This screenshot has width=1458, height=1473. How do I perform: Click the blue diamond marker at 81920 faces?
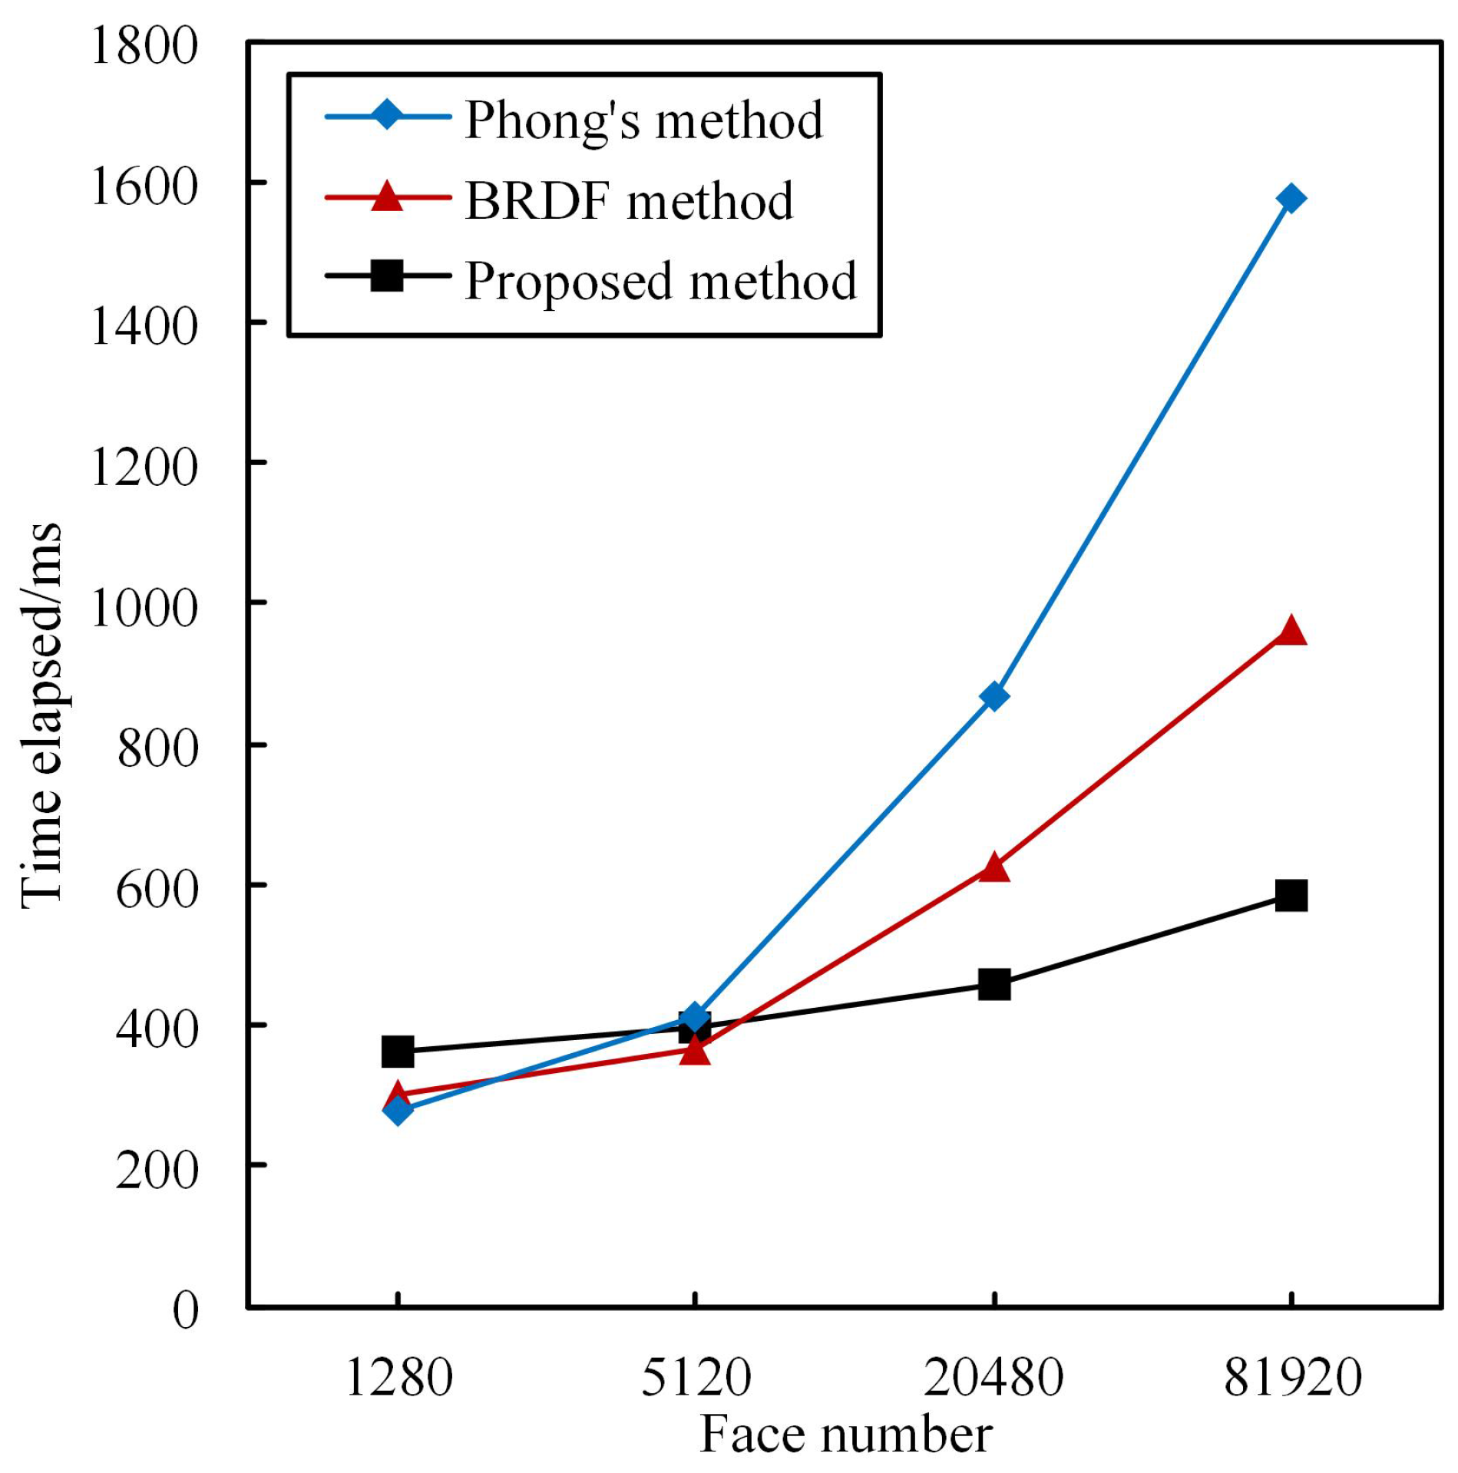pyautogui.click(x=1291, y=199)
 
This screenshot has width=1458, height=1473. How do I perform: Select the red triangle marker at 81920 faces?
pyautogui.click(x=1291, y=632)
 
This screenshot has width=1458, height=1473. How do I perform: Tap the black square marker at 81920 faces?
pyautogui.click(x=1291, y=896)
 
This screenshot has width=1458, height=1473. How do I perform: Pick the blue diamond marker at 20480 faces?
pyautogui.click(x=994, y=696)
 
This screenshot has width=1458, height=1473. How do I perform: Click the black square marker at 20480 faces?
pyautogui.click(x=994, y=984)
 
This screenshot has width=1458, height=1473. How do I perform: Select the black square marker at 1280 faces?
pyautogui.click(x=398, y=1051)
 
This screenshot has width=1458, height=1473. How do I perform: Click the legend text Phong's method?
pyautogui.click(x=643, y=121)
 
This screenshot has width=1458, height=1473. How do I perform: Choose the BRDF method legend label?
pyautogui.click(x=629, y=201)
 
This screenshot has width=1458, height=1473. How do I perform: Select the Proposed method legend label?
pyautogui.click(x=660, y=281)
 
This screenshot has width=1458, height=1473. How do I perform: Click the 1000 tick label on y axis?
pyautogui.click(x=144, y=608)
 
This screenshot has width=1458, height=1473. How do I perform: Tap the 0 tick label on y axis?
pyautogui.click(x=185, y=1310)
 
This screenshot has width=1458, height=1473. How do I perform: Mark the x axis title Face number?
pyautogui.click(x=845, y=1434)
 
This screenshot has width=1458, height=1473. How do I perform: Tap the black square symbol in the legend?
pyautogui.click(x=387, y=276)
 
